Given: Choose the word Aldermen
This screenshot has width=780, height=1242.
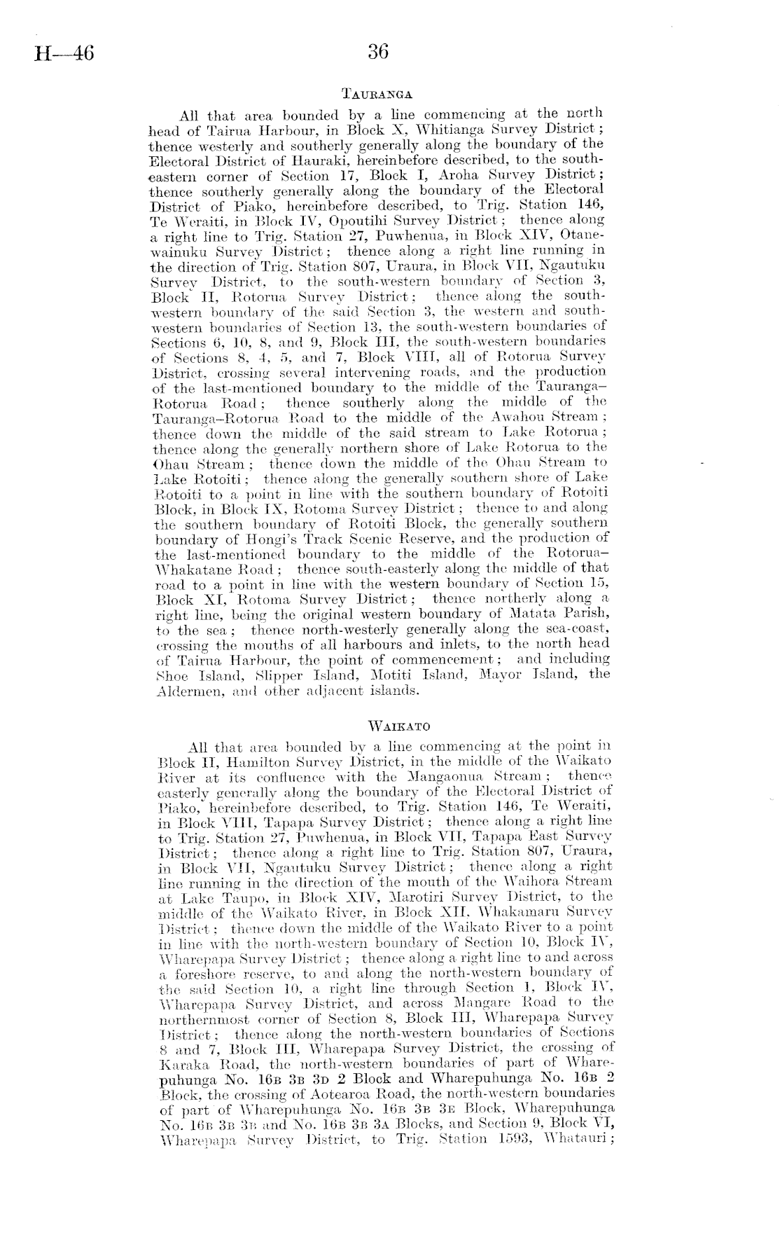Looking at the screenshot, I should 182,689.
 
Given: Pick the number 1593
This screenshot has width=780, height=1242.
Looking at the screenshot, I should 507,1138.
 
